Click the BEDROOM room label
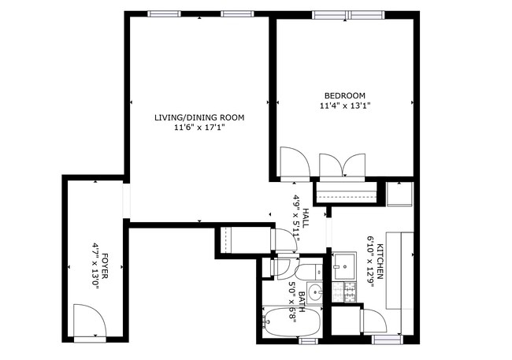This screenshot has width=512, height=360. pos(345,96)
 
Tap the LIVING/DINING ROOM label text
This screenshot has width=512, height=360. pos(199,117)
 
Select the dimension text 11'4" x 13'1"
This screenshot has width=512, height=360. pos(345,106)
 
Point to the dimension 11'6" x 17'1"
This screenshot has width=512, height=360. pos(199,128)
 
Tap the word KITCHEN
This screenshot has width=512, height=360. pos(380,262)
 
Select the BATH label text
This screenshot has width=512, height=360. pos(302,302)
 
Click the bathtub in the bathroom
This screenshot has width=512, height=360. pos(292,322)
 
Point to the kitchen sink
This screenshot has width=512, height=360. pos(344,265)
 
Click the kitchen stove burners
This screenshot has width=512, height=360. pos(344,292)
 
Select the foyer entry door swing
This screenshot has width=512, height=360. pos(90,320)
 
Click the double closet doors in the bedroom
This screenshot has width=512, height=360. pos(342,165)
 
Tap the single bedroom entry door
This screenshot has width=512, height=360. pos(295,162)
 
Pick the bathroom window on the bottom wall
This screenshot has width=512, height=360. pos(308,341)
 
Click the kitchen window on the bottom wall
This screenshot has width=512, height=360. pos(387,340)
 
